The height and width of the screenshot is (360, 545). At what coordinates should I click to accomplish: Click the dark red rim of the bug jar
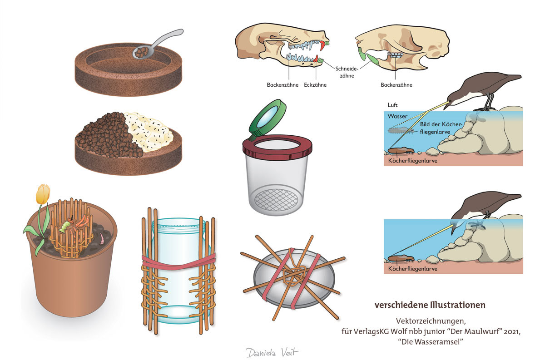pyautogui.click(x=277, y=146)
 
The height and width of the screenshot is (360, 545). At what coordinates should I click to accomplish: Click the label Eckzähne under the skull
pyautogui.click(x=315, y=85)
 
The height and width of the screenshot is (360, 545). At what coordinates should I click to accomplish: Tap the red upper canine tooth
pyautogui.click(x=323, y=45)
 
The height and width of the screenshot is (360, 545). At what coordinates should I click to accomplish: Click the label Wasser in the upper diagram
pyautogui.click(x=398, y=116)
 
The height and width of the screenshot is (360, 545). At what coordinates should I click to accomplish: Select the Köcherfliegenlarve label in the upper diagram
pyautogui.click(x=413, y=161)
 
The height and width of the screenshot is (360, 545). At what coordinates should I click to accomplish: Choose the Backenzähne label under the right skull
pyautogui.click(x=396, y=85)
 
